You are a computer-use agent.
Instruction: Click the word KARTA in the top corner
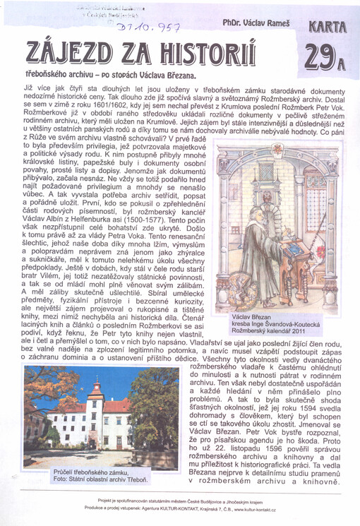tap(328, 27)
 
